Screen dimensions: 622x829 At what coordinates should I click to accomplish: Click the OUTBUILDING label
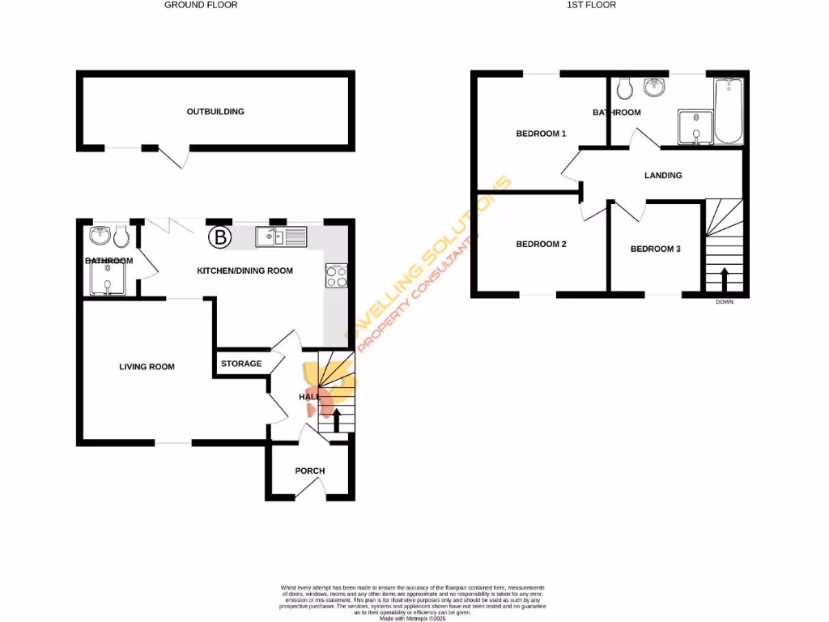(215, 112)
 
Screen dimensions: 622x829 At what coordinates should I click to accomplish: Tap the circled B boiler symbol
(219, 237)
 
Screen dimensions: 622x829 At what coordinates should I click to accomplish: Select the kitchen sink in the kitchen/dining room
(281, 236)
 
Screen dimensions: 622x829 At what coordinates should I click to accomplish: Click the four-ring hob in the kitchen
(336, 276)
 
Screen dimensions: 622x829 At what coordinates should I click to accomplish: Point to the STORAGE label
(241, 364)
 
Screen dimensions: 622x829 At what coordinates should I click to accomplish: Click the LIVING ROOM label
(147, 367)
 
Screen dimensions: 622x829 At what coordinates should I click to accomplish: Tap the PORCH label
(309, 471)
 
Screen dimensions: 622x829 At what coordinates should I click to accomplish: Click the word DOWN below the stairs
(724, 303)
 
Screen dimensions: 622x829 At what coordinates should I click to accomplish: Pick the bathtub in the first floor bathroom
(729, 110)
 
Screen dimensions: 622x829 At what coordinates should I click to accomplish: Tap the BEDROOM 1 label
(541, 134)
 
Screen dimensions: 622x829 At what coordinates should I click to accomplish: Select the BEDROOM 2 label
(541, 244)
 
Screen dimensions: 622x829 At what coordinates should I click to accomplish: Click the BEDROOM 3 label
(655, 249)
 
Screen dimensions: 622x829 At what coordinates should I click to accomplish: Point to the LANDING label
(663, 175)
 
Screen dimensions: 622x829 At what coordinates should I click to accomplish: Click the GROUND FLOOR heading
(201, 5)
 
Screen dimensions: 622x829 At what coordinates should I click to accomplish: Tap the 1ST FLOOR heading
(592, 5)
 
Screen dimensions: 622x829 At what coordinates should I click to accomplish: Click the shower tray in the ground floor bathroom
(107, 280)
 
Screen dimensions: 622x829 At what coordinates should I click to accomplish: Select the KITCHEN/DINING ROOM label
(245, 271)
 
